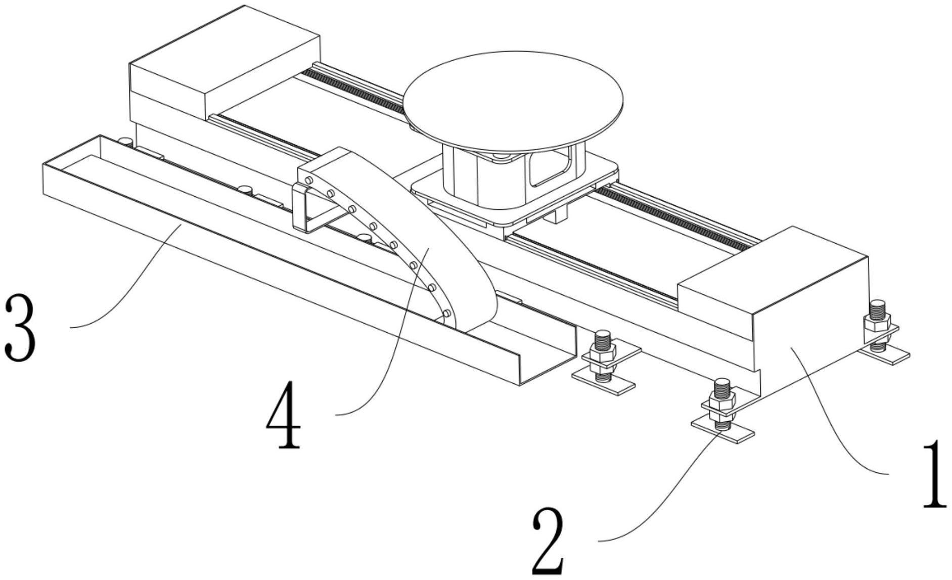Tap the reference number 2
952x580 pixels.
pyautogui.click(x=548, y=542)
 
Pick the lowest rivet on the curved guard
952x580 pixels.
pyautogui.click(x=446, y=315)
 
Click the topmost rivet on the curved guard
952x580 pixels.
pyautogui.click(x=308, y=181)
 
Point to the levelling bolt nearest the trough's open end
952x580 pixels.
pyautogui.click(x=604, y=354)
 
